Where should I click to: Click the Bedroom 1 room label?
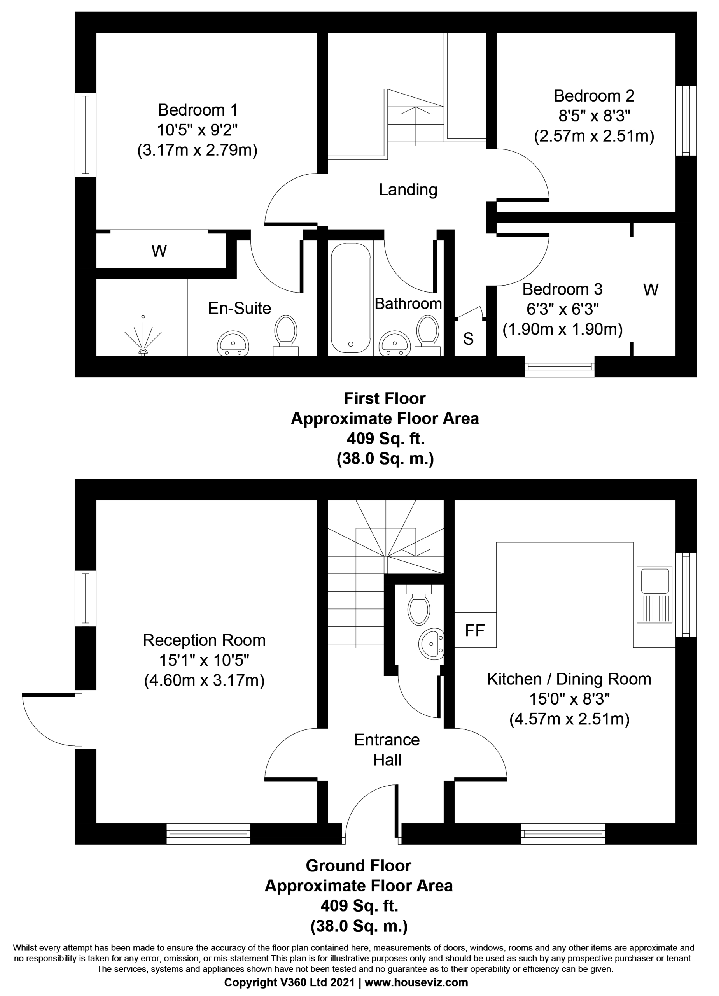click(198, 109)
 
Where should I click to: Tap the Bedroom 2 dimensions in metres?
click(594, 136)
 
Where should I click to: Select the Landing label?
click(408, 190)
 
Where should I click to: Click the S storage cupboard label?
click(468, 338)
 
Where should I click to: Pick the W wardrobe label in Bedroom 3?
click(651, 289)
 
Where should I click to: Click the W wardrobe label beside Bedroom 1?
click(159, 251)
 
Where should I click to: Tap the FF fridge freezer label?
click(474, 631)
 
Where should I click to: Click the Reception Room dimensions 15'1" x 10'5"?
click(204, 660)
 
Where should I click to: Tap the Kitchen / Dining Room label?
click(569, 679)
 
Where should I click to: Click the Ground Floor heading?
click(359, 866)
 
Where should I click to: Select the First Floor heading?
click(385, 398)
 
